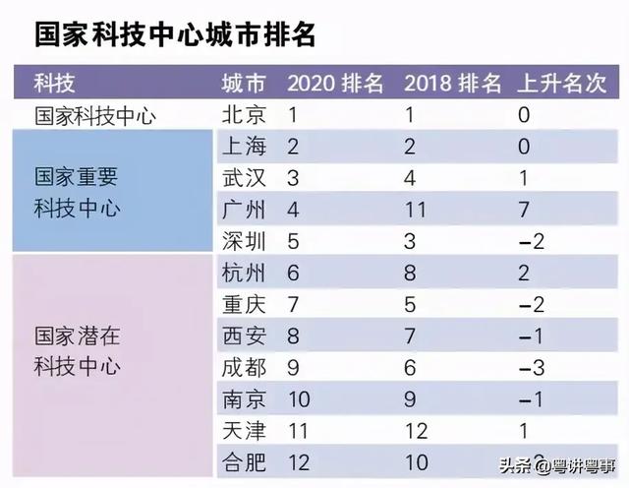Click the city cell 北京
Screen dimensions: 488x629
point(243,115)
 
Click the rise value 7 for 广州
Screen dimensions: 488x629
point(524,211)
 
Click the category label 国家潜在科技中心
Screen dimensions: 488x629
point(76,351)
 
